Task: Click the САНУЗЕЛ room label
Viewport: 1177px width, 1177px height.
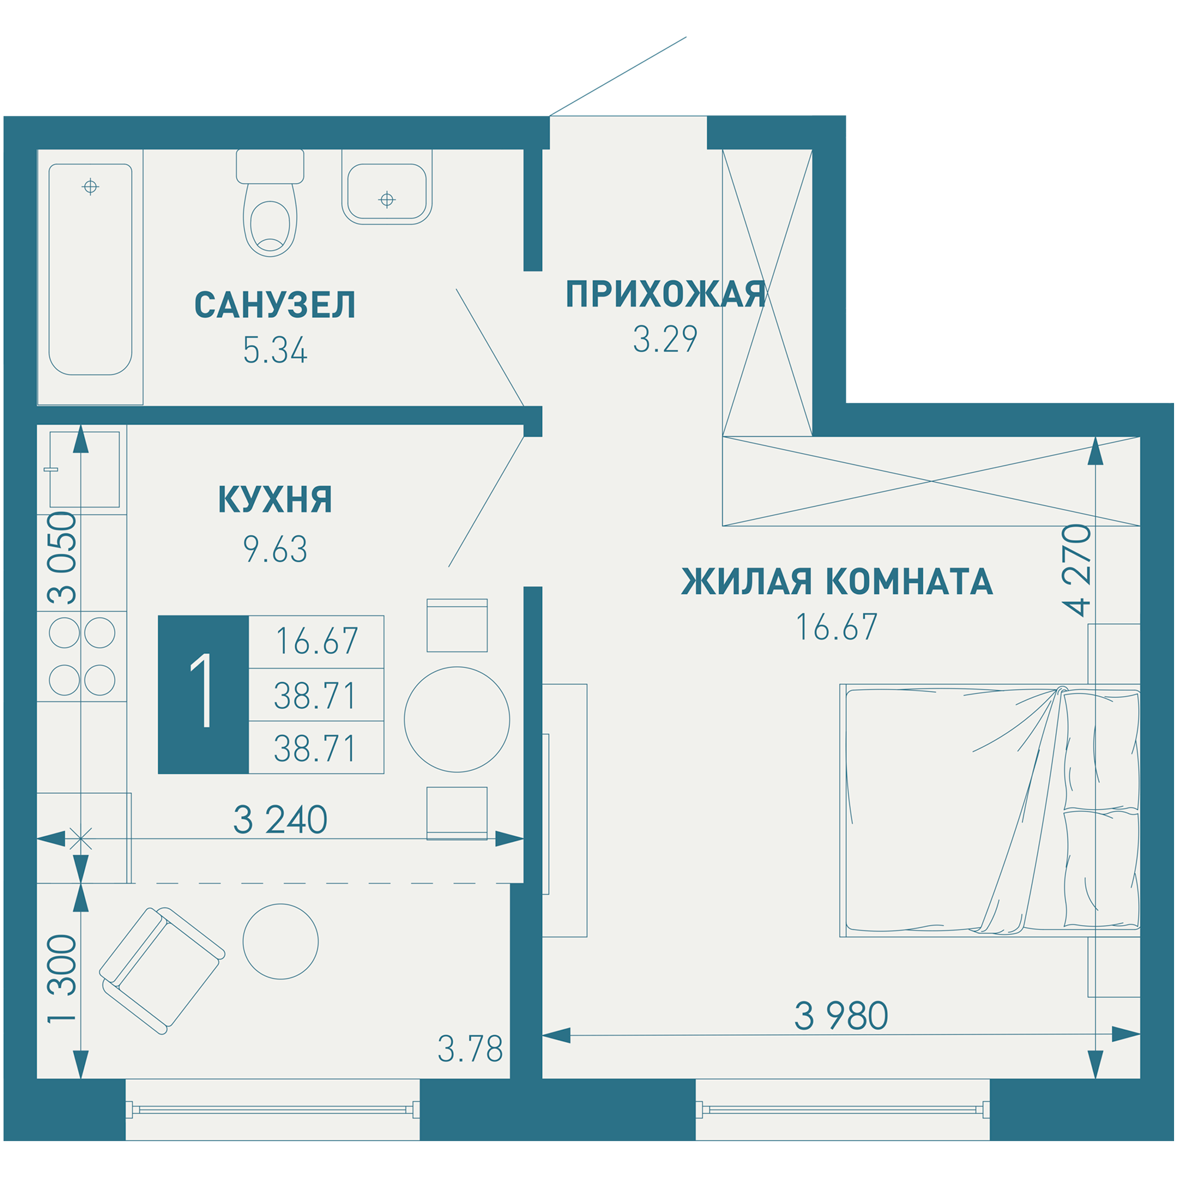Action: click(x=275, y=305)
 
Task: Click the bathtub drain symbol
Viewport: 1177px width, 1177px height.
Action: click(x=90, y=187)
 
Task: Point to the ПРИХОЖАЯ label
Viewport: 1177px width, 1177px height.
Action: click(x=665, y=294)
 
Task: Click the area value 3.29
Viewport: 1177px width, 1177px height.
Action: click(x=664, y=340)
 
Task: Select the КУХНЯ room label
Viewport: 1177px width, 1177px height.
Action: click(x=275, y=500)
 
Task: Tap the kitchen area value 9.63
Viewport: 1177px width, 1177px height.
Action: click(x=275, y=549)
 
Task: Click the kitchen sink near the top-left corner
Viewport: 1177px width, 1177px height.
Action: click(x=85, y=469)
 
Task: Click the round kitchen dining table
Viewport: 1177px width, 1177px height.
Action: click(x=457, y=719)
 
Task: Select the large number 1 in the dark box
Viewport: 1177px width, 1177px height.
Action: click(x=203, y=694)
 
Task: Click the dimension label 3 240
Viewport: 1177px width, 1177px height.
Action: click(x=280, y=819)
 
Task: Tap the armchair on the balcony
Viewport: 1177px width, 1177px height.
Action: click(x=161, y=971)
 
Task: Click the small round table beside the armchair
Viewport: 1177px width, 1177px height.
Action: click(x=280, y=941)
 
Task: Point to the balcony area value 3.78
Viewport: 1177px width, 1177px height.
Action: click(x=470, y=1049)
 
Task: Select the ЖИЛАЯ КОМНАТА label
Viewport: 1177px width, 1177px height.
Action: click(x=836, y=581)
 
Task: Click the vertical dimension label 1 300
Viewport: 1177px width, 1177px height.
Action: click(x=63, y=979)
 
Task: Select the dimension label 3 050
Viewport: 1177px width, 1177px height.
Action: click(x=63, y=558)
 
